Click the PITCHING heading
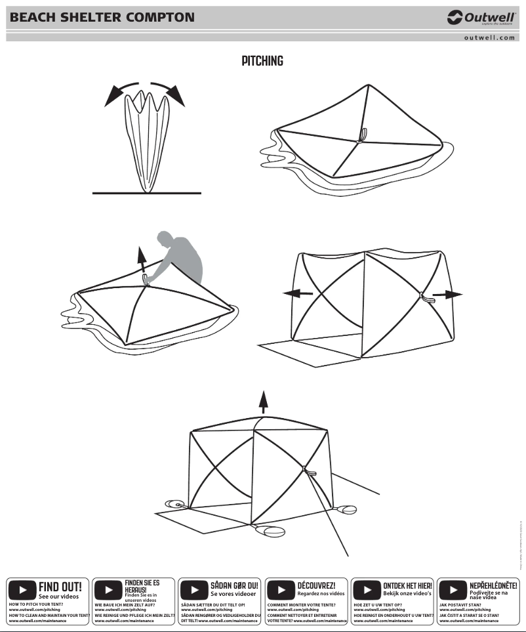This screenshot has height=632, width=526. coord(262,62)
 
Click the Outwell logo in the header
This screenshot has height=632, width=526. coord(481,18)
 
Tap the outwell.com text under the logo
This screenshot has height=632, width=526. coord(489,38)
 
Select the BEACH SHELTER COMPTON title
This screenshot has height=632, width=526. coord(102,17)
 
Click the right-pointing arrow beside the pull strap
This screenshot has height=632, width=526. coord(449,295)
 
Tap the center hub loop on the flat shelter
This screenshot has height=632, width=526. coord(361,136)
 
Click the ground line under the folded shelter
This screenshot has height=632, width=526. coord(145,194)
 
